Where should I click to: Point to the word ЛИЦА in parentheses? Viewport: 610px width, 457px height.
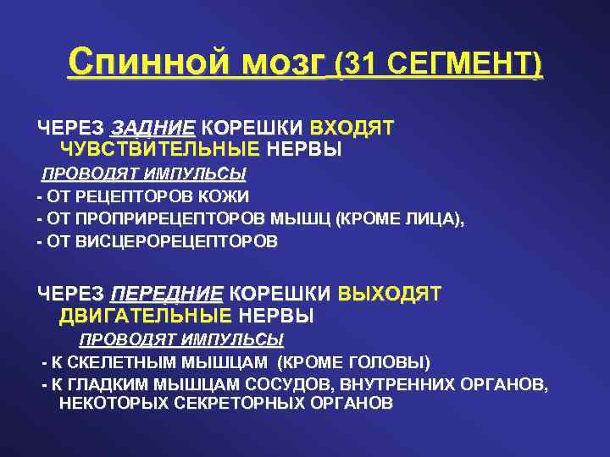(430, 218)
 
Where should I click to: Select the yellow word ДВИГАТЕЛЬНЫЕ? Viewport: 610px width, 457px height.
(145, 317)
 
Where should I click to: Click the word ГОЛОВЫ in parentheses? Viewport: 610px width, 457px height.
(389, 363)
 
